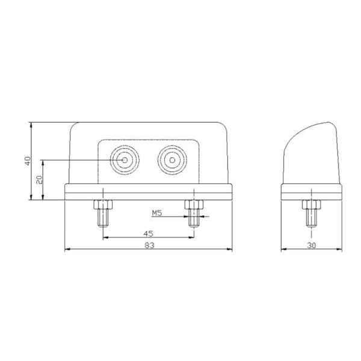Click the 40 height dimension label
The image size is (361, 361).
(26, 161)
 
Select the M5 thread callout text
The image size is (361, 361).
(156, 213)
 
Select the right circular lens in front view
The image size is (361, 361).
(171, 160)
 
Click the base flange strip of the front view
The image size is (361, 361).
(147, 193)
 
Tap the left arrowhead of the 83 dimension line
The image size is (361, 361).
(66, 249)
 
